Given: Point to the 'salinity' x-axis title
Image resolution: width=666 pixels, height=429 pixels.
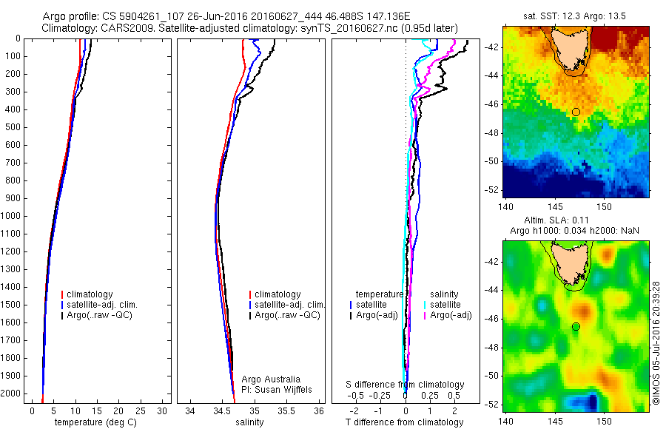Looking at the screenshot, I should pos(249,422).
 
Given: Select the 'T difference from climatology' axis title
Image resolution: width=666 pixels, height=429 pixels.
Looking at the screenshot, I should pos(405,422).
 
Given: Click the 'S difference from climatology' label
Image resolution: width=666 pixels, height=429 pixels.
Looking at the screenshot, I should pos(406,385).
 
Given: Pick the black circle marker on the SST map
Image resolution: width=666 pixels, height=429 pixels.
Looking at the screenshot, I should pos(576,112).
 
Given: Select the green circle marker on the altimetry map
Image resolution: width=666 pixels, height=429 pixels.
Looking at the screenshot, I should pos(576,327).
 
